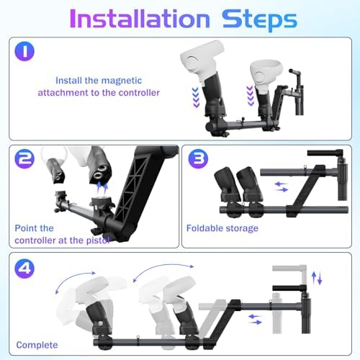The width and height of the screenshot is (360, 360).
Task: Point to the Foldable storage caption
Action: click(222, 228)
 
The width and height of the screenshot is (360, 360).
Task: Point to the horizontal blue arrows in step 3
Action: click(282, 186)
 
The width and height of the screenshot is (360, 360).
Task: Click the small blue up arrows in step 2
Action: click(106, 185)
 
